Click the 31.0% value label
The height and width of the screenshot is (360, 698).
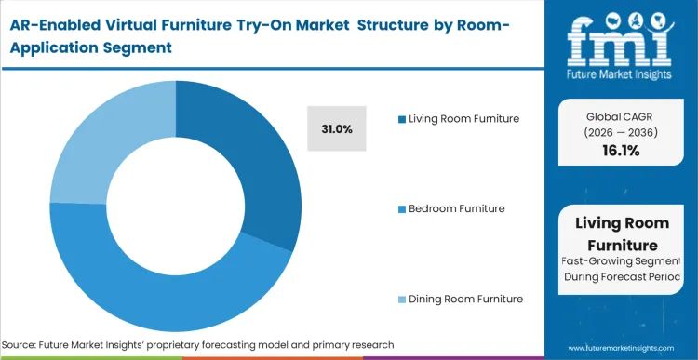point(336,129)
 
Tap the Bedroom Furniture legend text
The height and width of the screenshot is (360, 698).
point(457,208)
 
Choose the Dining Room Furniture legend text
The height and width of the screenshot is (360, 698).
point(465,299)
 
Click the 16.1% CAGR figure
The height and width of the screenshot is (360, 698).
point(622,151)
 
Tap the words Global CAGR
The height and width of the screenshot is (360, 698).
point(622,116)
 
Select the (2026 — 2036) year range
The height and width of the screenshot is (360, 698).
point(622,132)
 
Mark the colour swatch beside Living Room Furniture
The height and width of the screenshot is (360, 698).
point(402,119)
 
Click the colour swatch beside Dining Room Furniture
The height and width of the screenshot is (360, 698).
point(402,300)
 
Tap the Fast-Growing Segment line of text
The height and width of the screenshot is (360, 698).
point(622,261)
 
